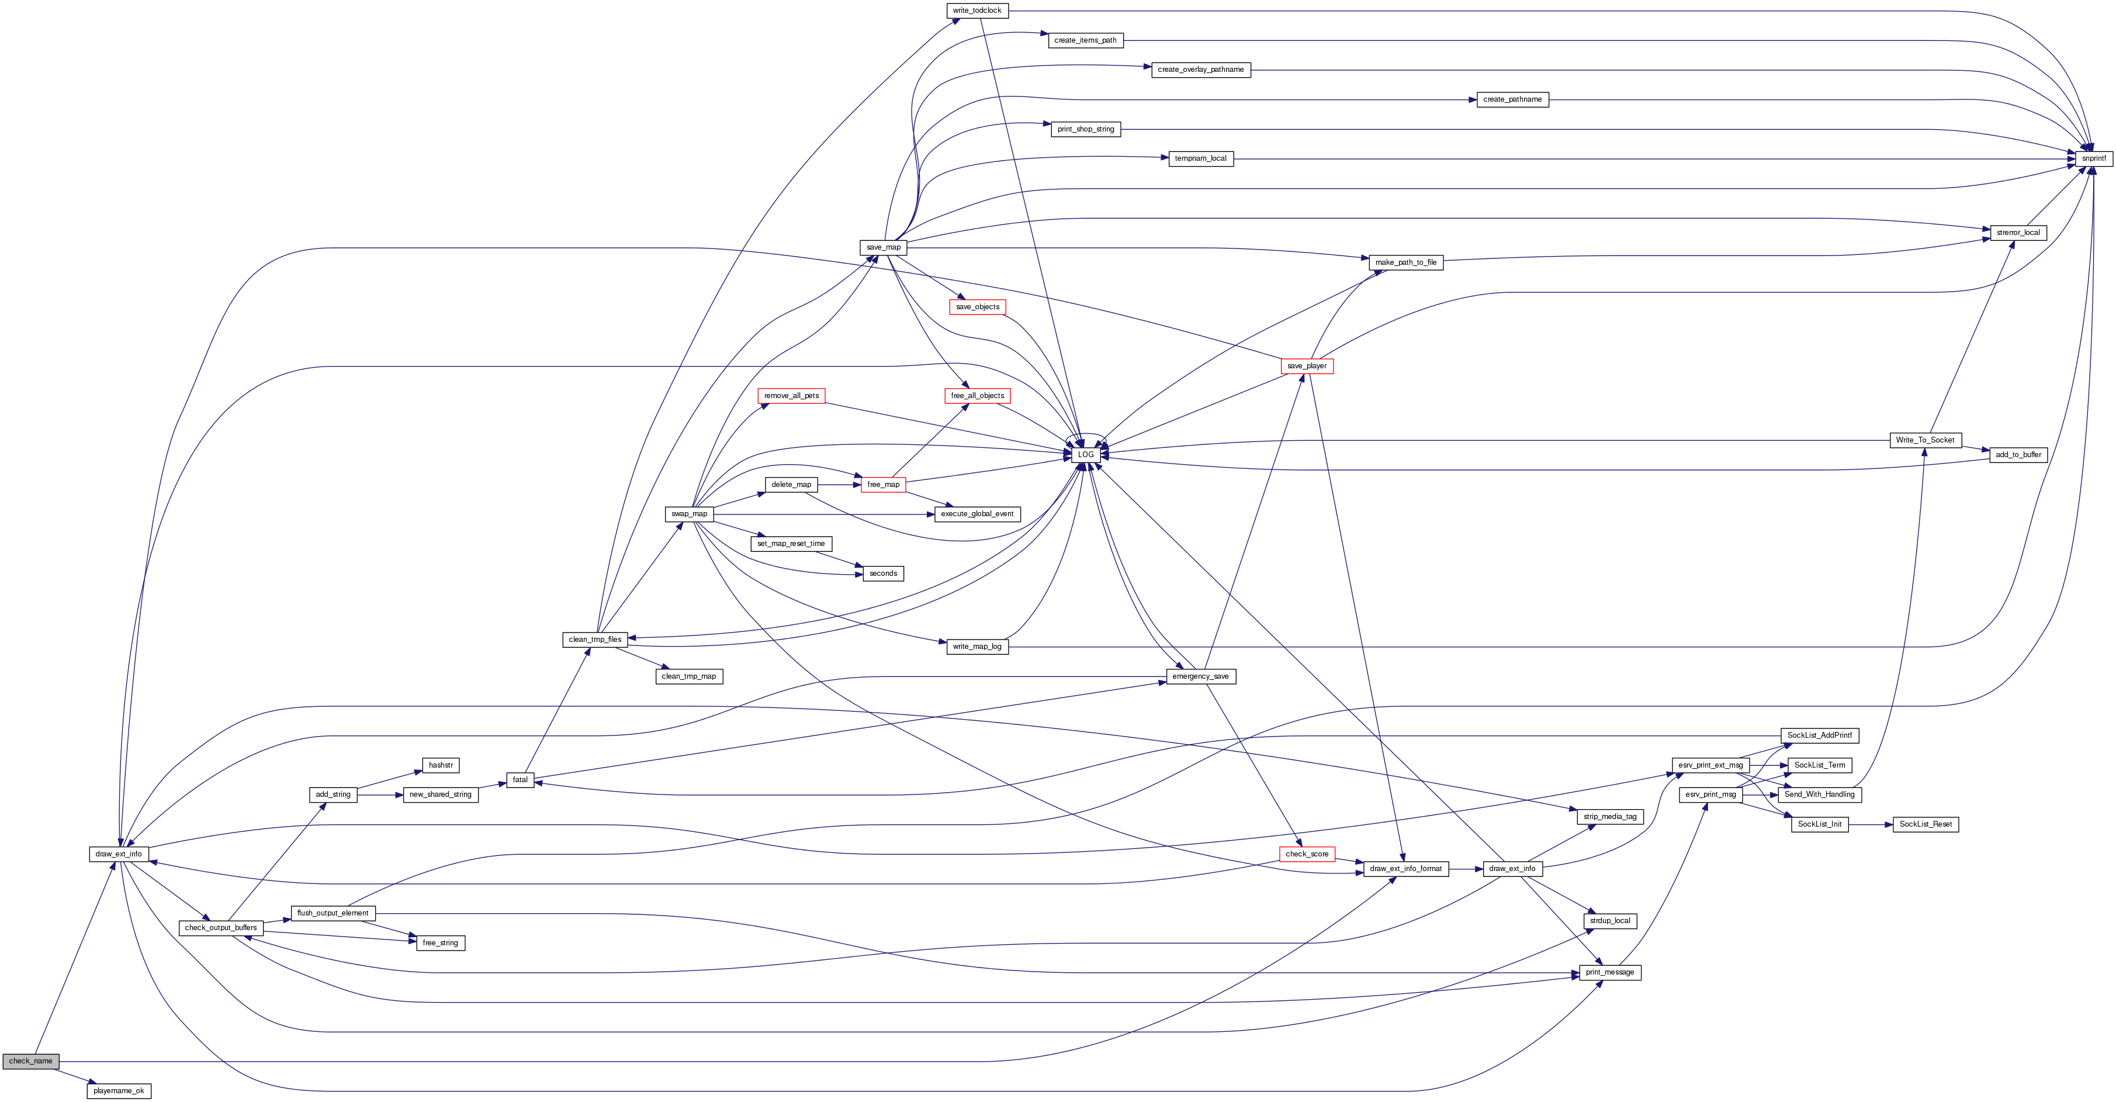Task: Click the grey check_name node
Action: click(x=30, y=1061)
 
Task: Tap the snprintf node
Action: click(x=2093, y=158)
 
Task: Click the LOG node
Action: click(x=1085, y=454)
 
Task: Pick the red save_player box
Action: click(x=1306, y=366)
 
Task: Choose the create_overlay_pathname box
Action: click(x=1200, y=70)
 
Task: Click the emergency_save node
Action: click(x=1200, y=676)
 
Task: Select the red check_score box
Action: click(x=1306, y=854)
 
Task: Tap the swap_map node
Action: click(x=688, y=514)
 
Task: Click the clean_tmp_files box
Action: click(x=595, y=640)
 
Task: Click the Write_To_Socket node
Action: click(x=1924, y=440)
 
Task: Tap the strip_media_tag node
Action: click(x=1609, y=816)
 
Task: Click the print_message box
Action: click(x=1609, y=972)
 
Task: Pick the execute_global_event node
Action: click(x=976, y=514)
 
